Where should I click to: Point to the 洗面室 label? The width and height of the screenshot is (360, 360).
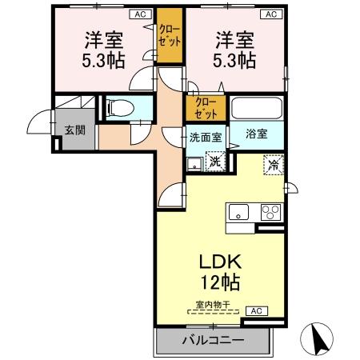pyautogui.click(x=206, y=135)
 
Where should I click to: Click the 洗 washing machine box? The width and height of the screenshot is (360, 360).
pyautogui.click(x=214, y=160)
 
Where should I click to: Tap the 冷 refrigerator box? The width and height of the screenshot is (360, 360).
pyautogui.click(x=274, y=166)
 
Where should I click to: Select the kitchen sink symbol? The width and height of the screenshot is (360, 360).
pyautogui.click(x=239, y=212)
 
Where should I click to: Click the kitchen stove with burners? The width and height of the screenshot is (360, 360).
pyautogui.click(x=270, y=212)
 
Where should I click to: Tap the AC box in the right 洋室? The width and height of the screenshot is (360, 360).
pyautogui.click(x=271, y=14)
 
